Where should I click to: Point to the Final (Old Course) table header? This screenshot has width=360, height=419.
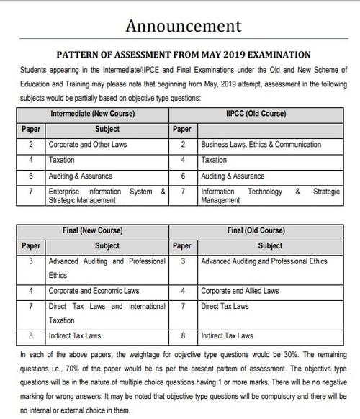click(261, 231)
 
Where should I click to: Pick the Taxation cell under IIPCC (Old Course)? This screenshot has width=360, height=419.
click(214, 160)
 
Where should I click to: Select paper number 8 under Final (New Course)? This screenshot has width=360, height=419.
click(30, 335)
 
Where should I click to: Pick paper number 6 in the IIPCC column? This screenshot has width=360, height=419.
click(184, 176)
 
